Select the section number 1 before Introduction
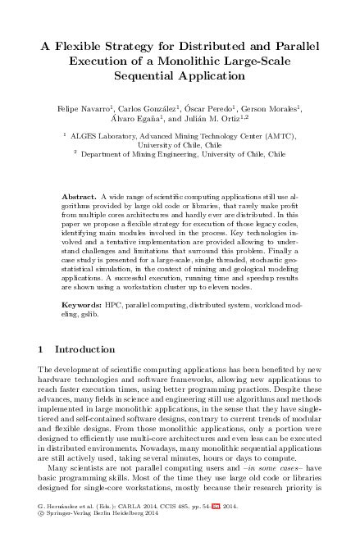[42, 348]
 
